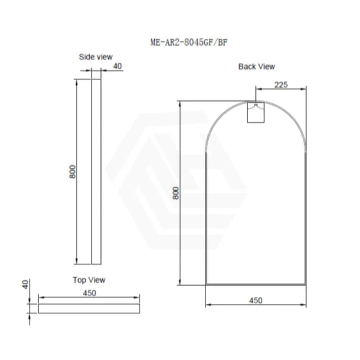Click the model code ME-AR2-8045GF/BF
coord(191,43)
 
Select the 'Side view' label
coord(96,57)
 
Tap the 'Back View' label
coord(256,67)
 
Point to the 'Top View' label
coord(89,280)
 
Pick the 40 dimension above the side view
coord(117,66)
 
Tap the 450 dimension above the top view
coord(90,292)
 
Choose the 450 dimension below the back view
coord(255,300)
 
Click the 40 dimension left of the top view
coord(26,284)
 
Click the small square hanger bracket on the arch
coord(256,112)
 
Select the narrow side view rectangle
coord(96,171)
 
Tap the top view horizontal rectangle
coord(89,308)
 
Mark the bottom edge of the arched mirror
coord(256,284)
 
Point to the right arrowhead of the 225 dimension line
coord(305,89)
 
